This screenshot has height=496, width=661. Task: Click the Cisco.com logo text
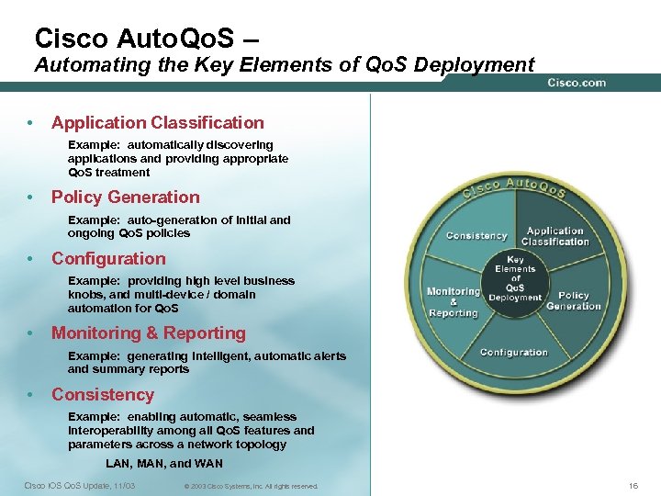click(577, 83)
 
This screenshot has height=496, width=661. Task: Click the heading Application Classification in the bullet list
click(157, 122)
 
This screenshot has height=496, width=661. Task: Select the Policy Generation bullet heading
click(125, 197)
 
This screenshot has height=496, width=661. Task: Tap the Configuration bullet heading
click(108, 258)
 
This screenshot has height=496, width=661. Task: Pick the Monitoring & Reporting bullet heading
click(148, 333)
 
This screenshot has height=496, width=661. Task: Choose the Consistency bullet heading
click(102, 394)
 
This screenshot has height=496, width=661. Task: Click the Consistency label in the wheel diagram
click(476, 236)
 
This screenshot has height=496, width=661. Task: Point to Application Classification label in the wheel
click(555, 236)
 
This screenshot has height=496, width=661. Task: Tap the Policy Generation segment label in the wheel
click(574, 300)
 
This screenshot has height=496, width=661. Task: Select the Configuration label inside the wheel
click(513, 352)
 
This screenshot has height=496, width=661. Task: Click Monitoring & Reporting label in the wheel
click(454, 302)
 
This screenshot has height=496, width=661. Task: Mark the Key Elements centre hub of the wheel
click(515, 278)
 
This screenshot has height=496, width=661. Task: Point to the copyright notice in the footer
click(251, 486)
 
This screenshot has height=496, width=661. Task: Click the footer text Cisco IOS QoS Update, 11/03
click(79, 485)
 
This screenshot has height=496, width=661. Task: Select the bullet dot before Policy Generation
click(31, 197)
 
